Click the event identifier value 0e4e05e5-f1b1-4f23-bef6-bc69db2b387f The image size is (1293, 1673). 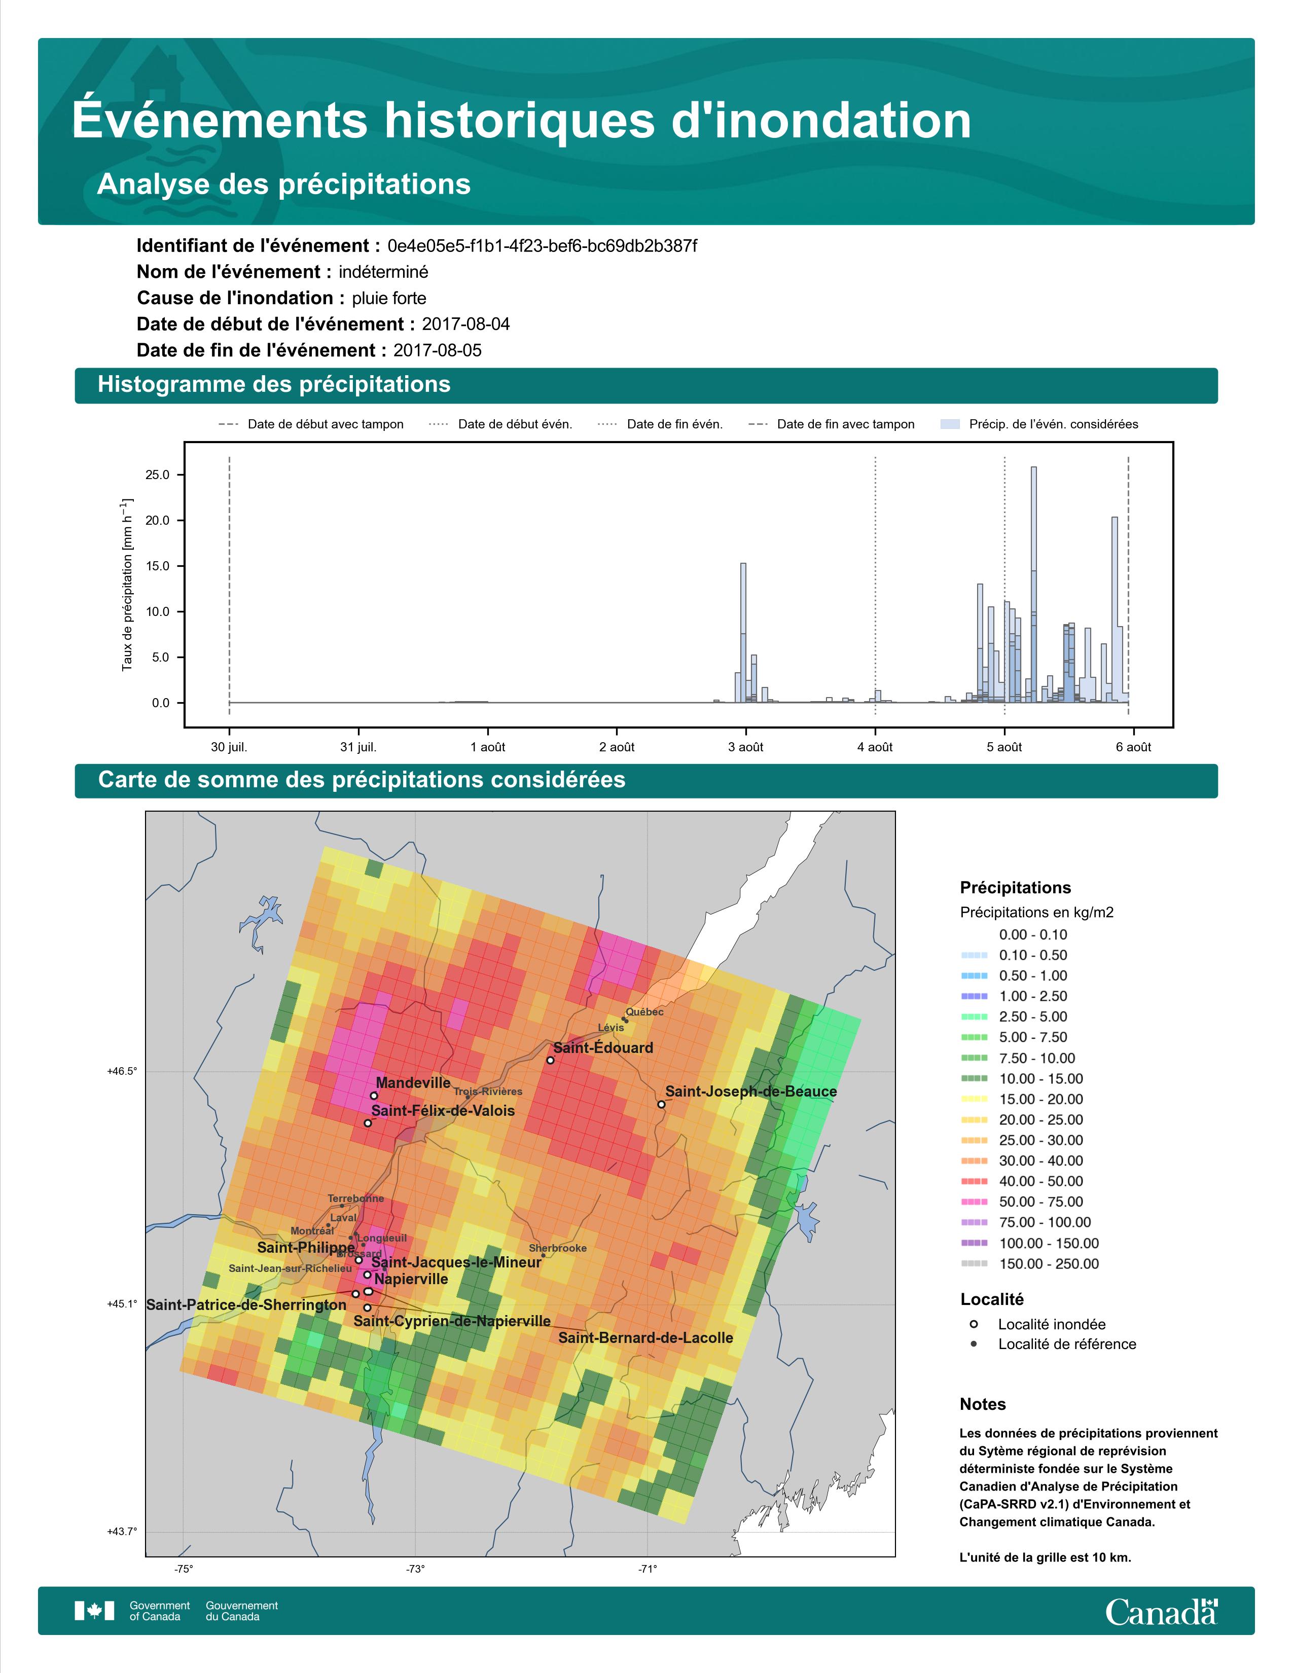coord(543,246)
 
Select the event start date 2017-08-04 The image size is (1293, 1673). coord(465,324)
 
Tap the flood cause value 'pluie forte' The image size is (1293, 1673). coord(389,298)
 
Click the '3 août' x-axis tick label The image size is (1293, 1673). coord(745,747)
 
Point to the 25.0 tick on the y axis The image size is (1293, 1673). coord(157,475)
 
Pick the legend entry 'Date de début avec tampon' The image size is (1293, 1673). coord(310,424)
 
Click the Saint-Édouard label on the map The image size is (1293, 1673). coord(603,1048)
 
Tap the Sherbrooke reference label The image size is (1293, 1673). coord(558,1248)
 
